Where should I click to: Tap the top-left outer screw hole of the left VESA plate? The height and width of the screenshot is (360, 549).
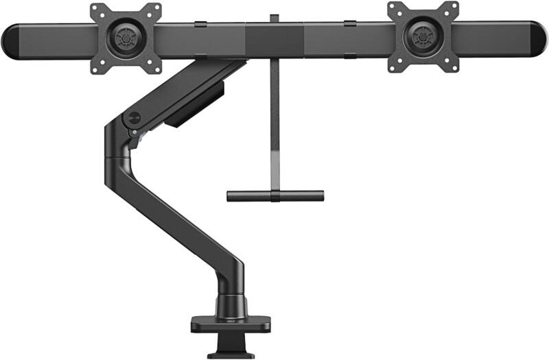click(x=95, y=10)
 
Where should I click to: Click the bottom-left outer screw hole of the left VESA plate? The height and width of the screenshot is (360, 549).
click(x=95, y=66)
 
